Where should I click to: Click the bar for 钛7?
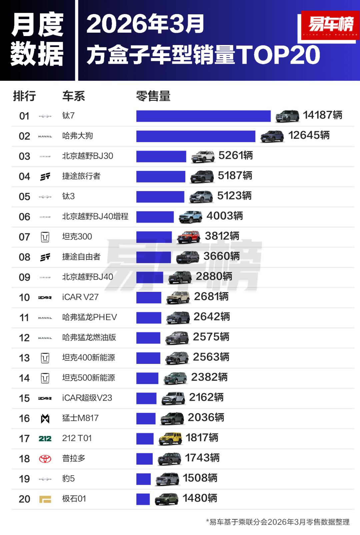point(203,116)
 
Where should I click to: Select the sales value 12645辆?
point(309,135)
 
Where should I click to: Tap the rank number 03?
point(24,156)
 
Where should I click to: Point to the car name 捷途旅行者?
point(81,176)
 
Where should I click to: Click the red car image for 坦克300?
point(189,237)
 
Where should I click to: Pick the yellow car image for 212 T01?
point(170,438)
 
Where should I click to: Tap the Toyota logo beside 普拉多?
point(45,459)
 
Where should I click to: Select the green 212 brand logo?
point(45,439)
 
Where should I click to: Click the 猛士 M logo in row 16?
point(45,419)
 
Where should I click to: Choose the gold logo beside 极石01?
point(45,499)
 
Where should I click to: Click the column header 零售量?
point(153,96)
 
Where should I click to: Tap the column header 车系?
point(74,96)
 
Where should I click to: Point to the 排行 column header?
point(24,96)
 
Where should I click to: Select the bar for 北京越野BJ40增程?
point(155,217)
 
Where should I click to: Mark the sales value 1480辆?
point(200,498)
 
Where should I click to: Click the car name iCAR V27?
point(80,297)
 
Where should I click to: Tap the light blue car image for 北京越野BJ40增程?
point(190,217)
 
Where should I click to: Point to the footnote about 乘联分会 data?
point(278,522)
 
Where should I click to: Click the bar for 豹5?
point(144,479)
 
